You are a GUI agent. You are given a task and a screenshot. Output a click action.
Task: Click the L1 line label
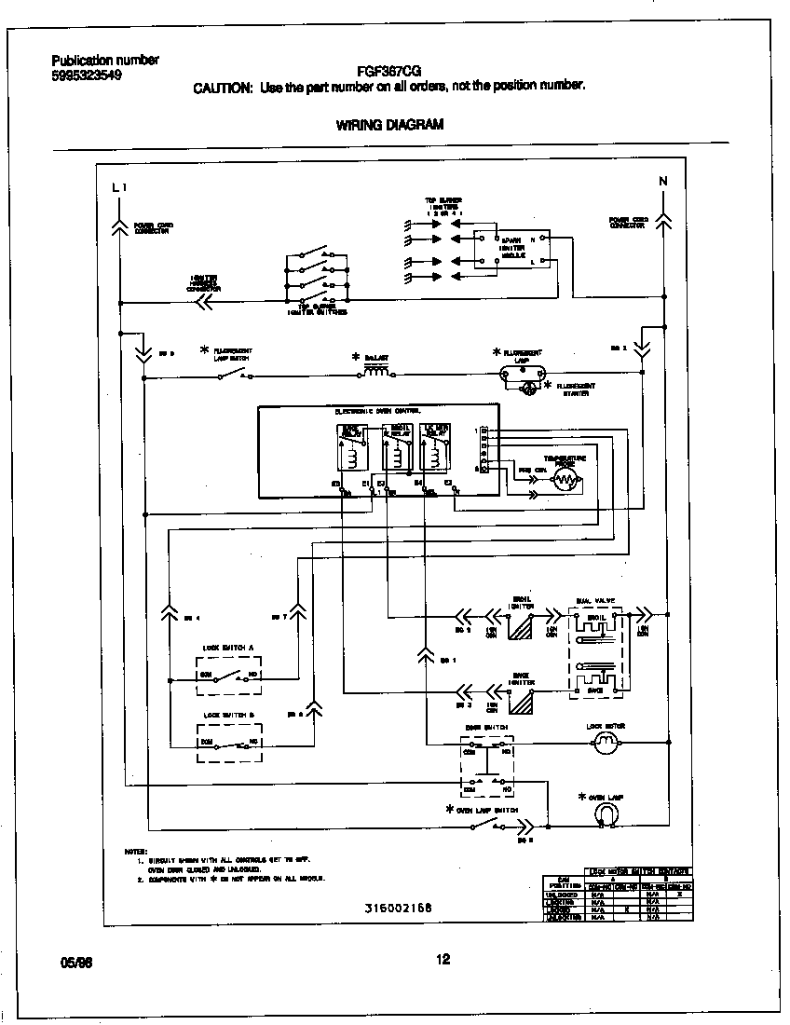click(x=118, y=187)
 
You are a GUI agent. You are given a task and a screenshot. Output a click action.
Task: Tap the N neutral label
click(x=662, y=182)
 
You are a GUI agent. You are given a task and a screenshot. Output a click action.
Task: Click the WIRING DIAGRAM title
click(x=389, y=124)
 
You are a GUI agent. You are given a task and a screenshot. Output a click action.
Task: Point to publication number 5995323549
click(x=87, y=75)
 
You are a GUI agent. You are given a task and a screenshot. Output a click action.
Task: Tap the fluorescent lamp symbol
click(x=522, y=372)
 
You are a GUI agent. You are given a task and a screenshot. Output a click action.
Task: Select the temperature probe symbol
click(x=565, y=480)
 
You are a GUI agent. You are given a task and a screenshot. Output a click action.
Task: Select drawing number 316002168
click(x=398, y=907)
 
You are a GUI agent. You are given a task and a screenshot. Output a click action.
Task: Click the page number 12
click(x=443, y=960)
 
